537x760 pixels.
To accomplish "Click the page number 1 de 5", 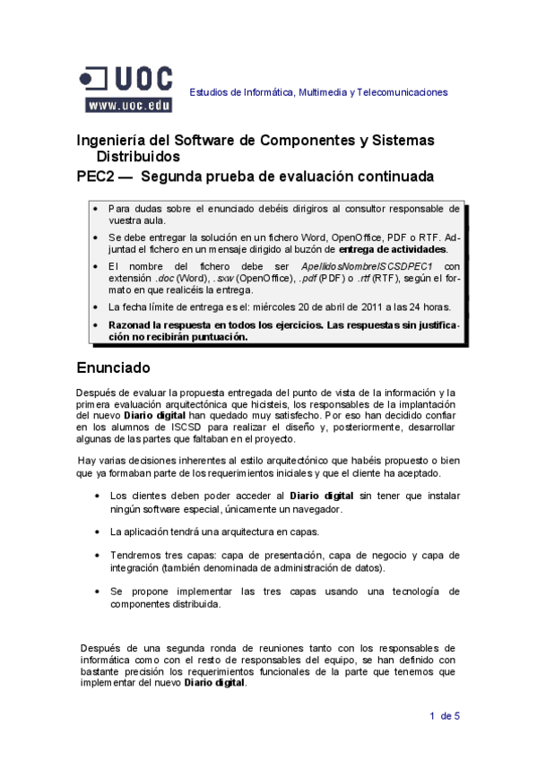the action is pos(445,715).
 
